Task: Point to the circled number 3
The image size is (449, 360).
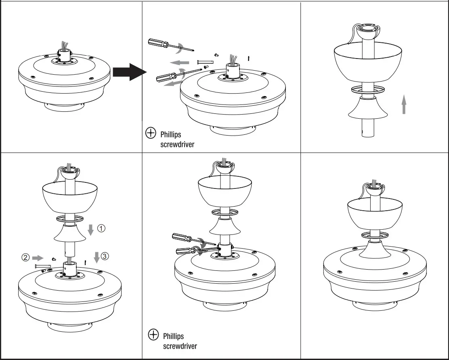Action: (x=105, y=256)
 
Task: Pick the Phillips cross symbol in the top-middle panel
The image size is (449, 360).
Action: (x=151, y=133)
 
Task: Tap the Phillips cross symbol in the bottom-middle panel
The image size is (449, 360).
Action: (x=153, y=335)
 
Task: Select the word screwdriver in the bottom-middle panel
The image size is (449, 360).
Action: (x=180, y=346)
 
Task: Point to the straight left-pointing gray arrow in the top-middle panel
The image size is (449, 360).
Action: (x=179, y=62)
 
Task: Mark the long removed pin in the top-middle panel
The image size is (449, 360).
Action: (x=204, y=62)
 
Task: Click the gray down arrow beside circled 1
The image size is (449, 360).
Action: (x=91, y=229)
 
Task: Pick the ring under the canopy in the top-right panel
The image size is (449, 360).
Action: (x=367, y=90)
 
